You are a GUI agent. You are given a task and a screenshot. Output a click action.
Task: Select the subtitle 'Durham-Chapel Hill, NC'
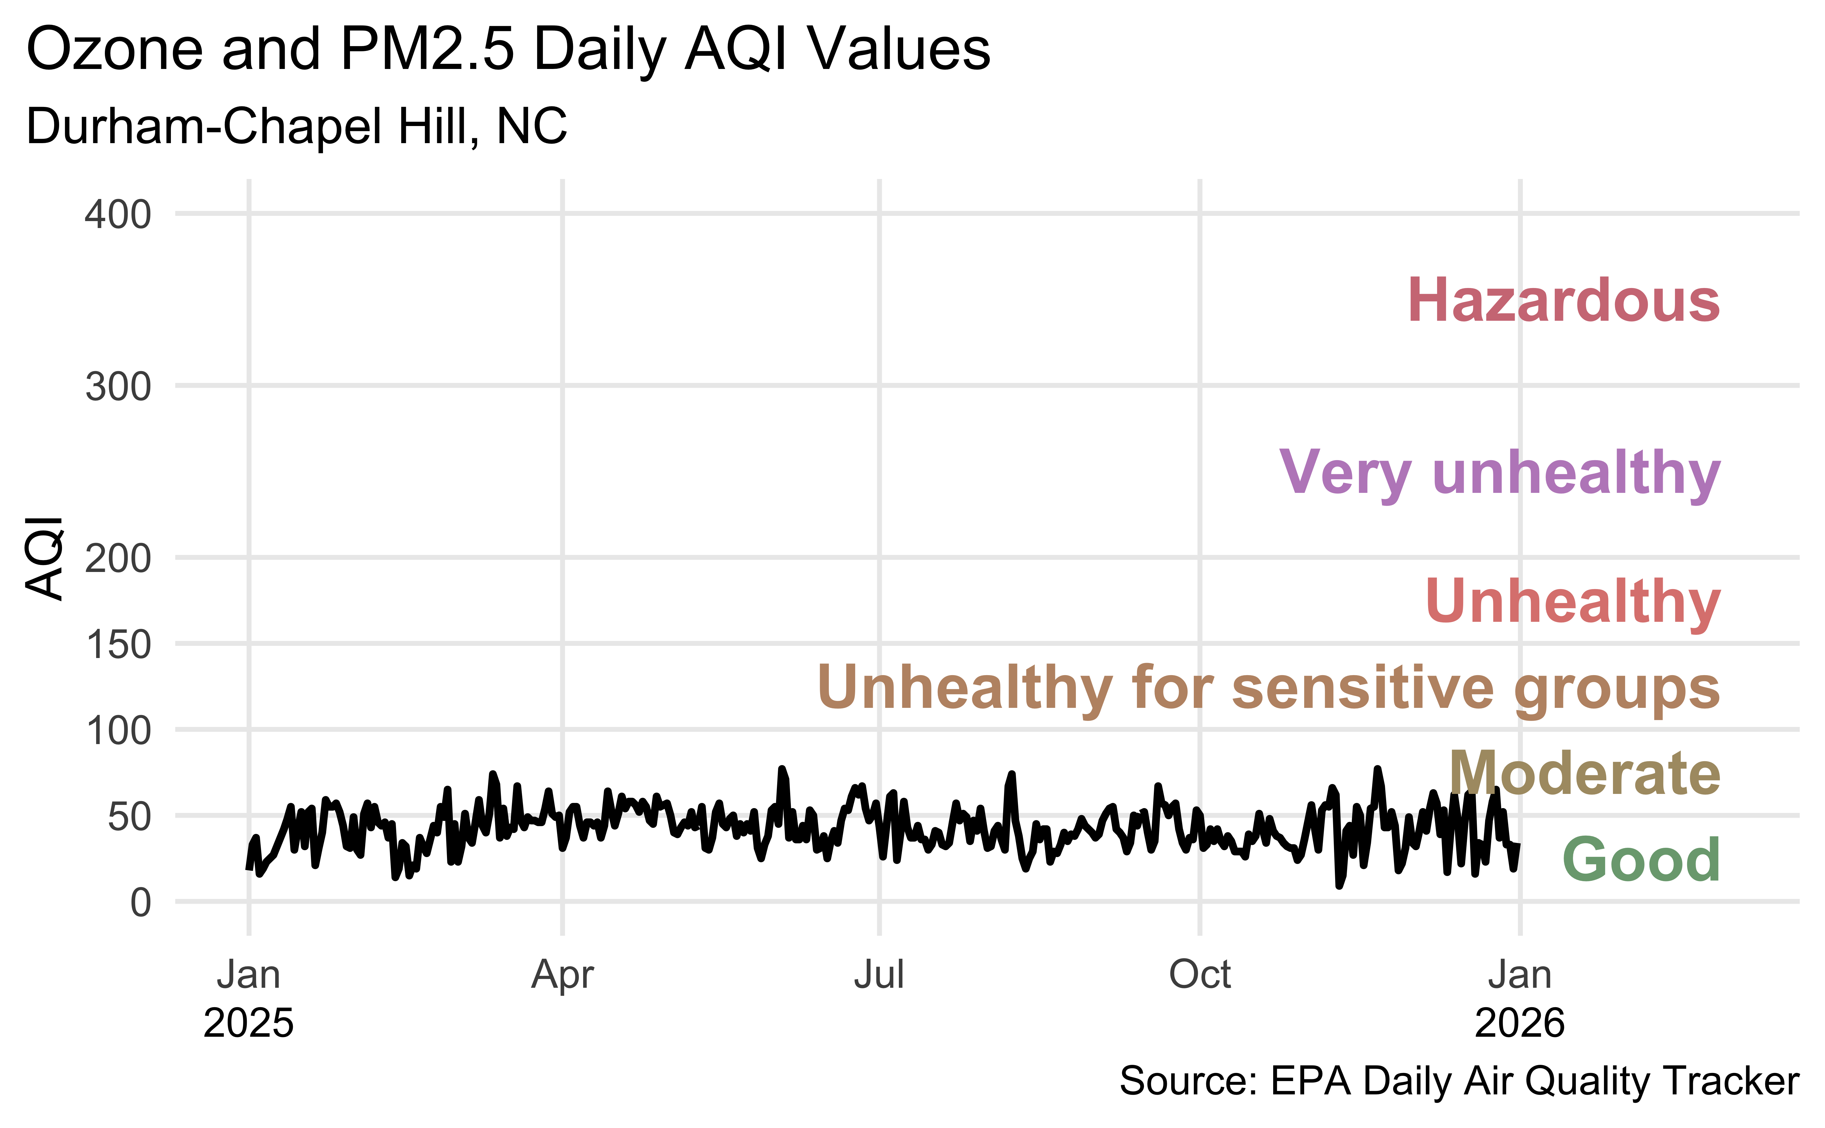click(296, 126)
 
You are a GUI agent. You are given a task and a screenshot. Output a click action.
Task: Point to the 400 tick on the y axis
click(118, 215)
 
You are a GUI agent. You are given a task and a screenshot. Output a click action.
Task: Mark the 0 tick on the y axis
click(140, 903)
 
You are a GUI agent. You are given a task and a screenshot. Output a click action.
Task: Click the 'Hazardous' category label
click(1563, 301)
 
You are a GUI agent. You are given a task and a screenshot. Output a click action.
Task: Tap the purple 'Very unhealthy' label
click(1499, 473)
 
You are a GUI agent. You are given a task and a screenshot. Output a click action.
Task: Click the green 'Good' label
click(1641, 859)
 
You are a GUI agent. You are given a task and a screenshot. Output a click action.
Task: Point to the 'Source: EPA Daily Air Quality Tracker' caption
click(1459, 1081)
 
